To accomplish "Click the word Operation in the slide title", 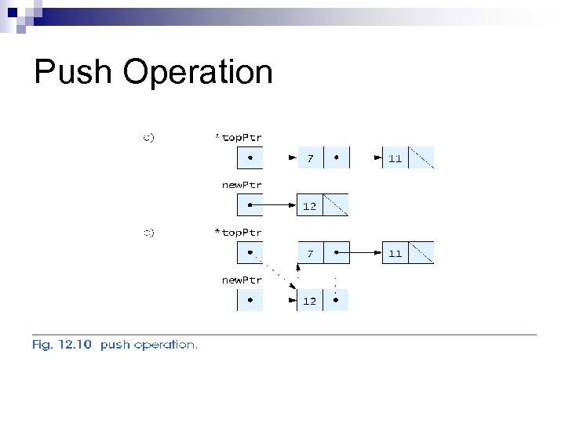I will [x=198, y=73].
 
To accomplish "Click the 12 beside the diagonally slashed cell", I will [x=310, y=206].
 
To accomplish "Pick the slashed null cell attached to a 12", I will [x=335, y=205].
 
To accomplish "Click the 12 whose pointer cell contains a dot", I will [x=310, y=301].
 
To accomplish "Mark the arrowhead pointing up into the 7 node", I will [x=298, y=268].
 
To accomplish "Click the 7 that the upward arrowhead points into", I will [x=310, y=253].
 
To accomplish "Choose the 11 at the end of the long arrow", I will [x=395, y=253].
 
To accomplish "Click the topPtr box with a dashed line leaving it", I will [x=250, y=253].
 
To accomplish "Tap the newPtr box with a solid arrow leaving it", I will [x=250, y=205].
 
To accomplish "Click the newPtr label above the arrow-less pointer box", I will [x=241, y=280].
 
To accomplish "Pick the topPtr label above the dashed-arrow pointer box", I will [x=239, y=233].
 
